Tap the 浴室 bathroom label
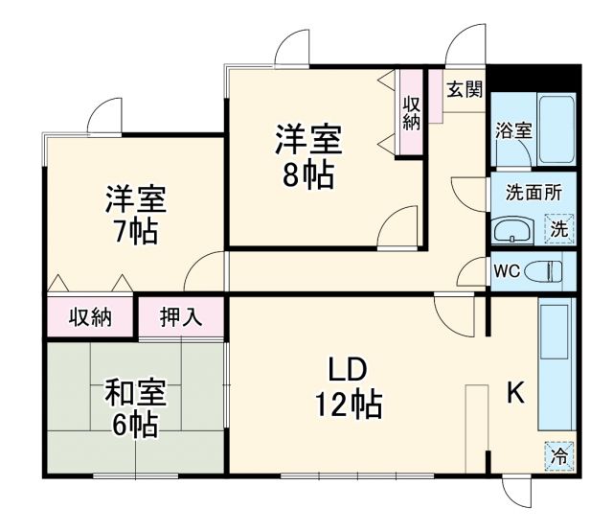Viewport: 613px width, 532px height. point(513,132)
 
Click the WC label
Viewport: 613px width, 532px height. point(506,270)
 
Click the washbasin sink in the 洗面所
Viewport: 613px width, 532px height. point(514,230)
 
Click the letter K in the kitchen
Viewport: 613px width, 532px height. point(514,393)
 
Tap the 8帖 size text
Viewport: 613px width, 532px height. point(308,176)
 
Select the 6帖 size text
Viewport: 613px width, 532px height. point(134,425)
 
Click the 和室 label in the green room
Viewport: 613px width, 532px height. point(134,393)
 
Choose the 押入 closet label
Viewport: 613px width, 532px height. point(181,317)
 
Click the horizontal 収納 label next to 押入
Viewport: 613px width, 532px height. point(91,317)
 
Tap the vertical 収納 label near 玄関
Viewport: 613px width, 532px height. point(411,113)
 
